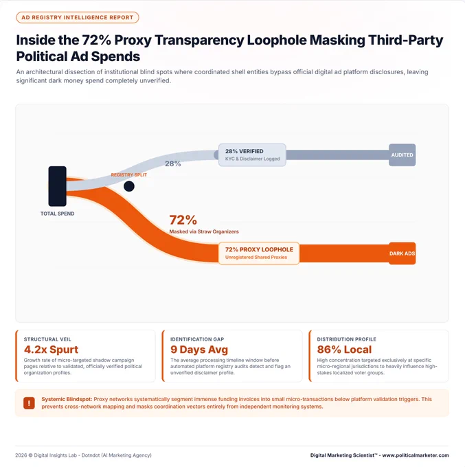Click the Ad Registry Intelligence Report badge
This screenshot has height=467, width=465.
coord(78,18)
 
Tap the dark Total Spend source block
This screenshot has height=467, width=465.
coord(58,186)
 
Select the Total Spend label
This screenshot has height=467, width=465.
coord(58,214)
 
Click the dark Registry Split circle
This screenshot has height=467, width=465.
coord(129,186)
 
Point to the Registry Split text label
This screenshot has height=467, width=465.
coord(129,175)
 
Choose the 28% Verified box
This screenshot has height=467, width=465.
coord(252,155)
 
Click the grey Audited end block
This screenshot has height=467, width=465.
coord(402,155)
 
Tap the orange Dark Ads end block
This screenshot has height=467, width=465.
coord(402,253)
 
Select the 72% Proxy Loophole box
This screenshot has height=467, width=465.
coord(259,253)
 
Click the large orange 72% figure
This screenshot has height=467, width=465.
coord(183,220)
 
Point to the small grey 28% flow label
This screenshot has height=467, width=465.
coord(173,163)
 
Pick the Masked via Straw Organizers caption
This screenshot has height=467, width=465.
coord(204,231)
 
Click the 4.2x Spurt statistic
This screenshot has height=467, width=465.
coord(51,350)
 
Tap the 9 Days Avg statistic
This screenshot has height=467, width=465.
coord(199,350)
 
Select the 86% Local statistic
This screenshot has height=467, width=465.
coord(344,350)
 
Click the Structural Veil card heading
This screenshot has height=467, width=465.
coord(47,339)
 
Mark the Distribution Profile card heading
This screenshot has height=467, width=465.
coord(346,339)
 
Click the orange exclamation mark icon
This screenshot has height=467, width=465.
coord(30,403)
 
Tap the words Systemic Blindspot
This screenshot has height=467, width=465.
coord(67,399)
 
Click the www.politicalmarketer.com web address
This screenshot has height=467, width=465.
coord(416,455)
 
